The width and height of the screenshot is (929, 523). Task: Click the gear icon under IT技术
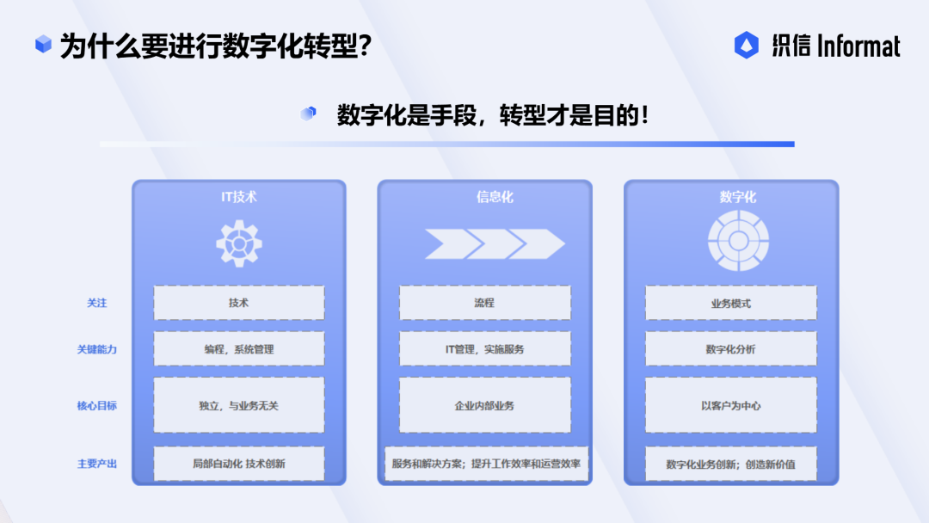[x=239, y=243]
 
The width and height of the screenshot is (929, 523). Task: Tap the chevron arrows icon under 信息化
[x=495, y=243]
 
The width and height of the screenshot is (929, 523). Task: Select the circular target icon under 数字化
[x=738, y=241]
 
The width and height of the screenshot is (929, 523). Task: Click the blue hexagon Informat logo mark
[x=747, y=45]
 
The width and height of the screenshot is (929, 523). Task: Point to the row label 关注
[x=96, y=304]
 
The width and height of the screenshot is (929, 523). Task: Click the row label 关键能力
[x=96, y=349]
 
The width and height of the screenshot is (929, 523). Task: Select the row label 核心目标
[x=96, y=406]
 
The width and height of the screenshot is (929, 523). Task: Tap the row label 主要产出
[x=96, y=464]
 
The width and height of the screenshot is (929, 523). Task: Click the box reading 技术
[x=239, y=303]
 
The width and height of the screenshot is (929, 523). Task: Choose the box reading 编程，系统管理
[x=239, y=349]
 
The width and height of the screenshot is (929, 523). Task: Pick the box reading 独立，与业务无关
[x=239, y=405]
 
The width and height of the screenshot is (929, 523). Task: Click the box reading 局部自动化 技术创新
[x=239, y=464]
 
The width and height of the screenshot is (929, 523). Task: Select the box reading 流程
[x=484, y=303]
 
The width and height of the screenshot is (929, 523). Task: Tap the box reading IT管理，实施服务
[x=484, y=349]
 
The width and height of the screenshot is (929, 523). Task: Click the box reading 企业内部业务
[x=484, y=405]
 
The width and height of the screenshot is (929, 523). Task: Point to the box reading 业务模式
[x=730, y=303]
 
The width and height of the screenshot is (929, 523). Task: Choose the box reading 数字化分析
[x=730, y=349]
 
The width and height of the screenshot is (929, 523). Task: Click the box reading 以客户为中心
[x=730, y=405]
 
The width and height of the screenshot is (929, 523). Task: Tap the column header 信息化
[x=495, y=197]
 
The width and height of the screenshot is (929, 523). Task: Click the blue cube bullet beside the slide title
[x=43, y=43]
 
